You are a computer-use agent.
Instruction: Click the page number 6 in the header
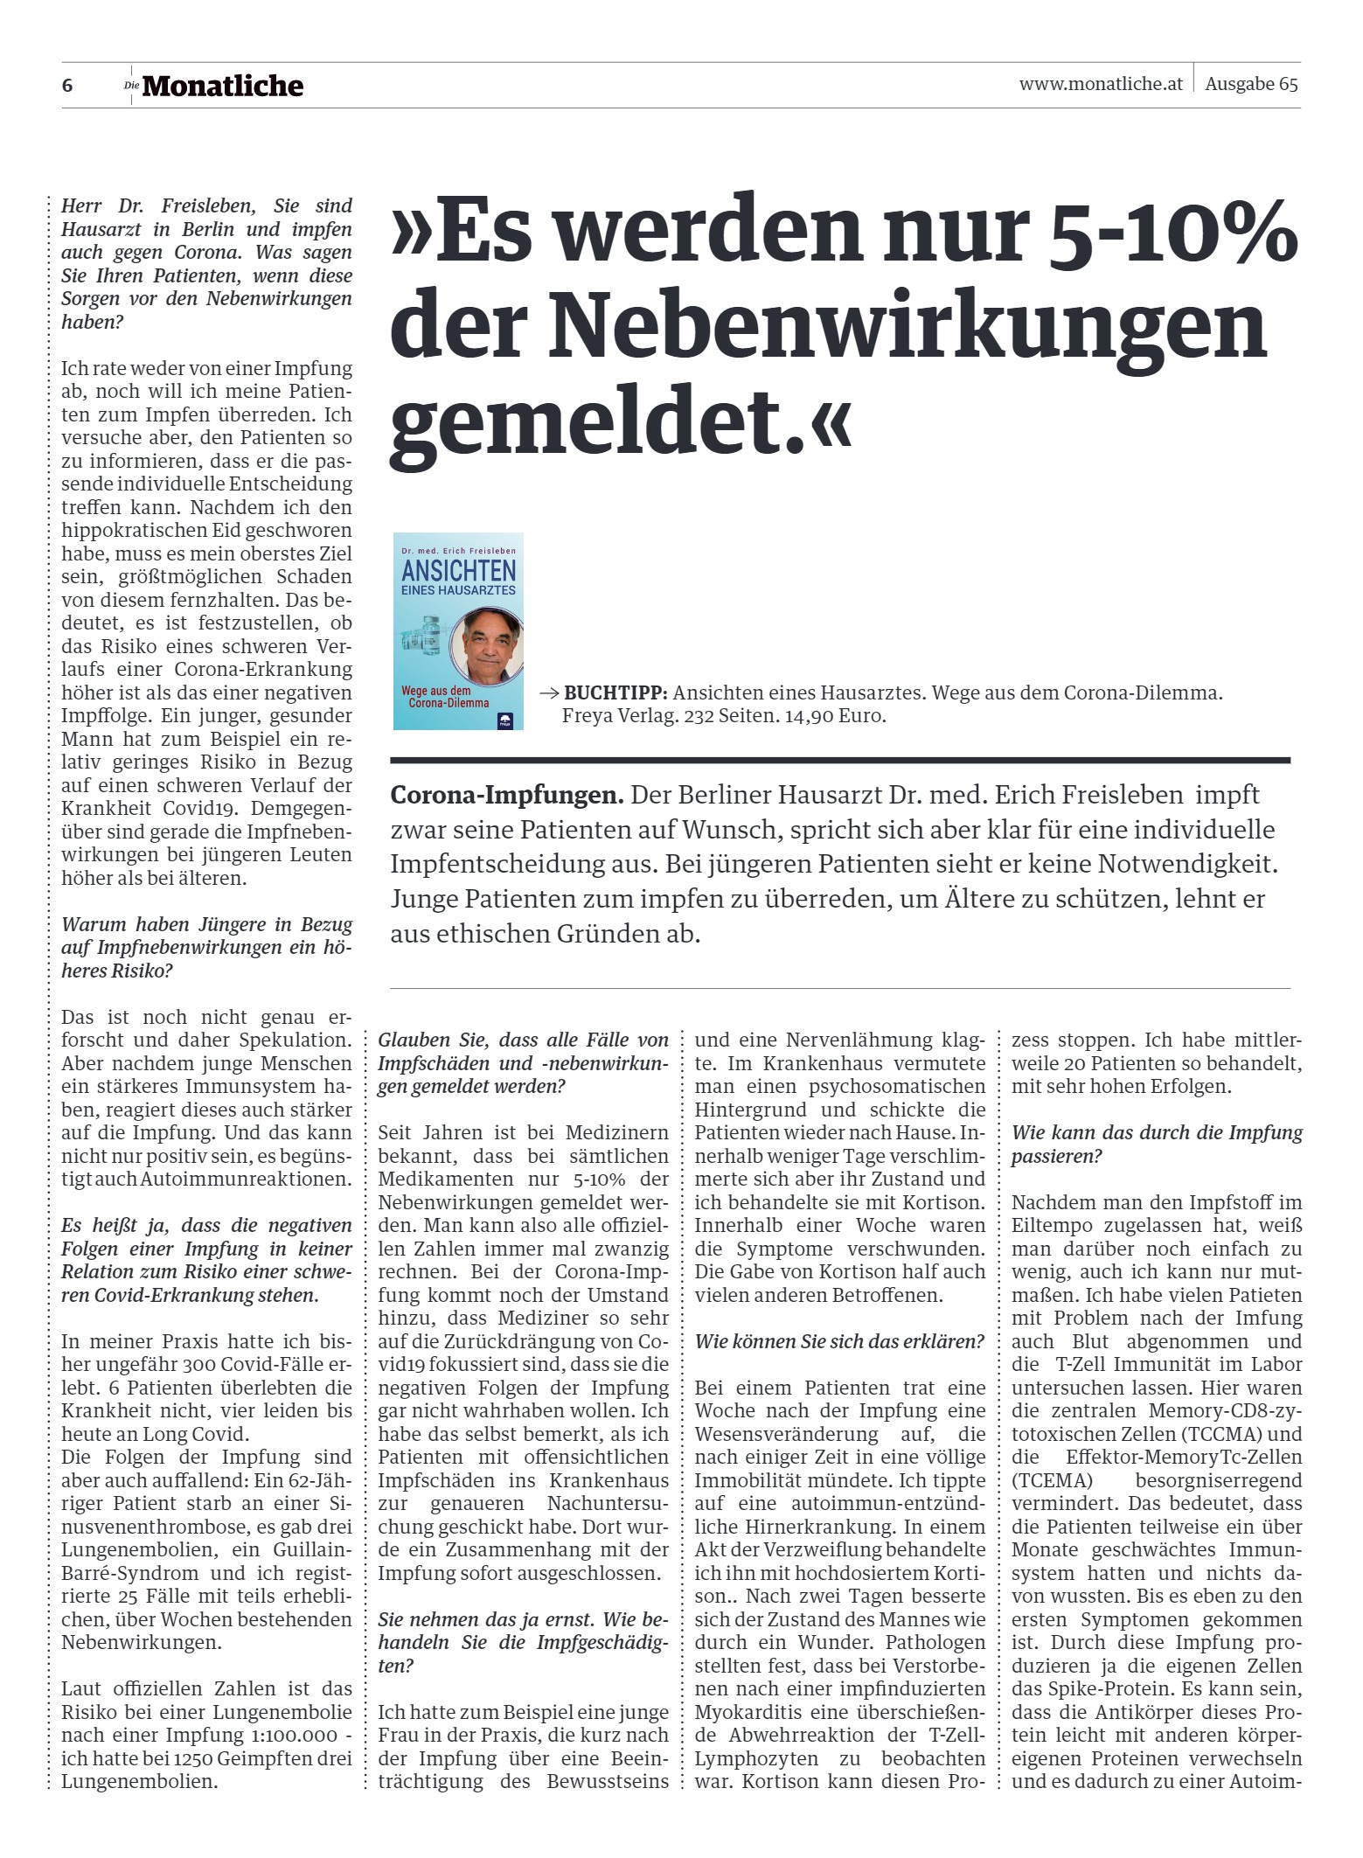tap(67, 86)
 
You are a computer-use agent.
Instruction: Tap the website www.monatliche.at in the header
tap(1100, 84)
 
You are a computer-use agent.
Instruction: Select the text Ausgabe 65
tap(1251, 84)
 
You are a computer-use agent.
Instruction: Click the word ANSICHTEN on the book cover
tap(459, 572)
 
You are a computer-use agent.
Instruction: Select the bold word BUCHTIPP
tap(615, 693)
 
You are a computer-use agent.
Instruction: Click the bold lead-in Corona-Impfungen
tap(506, 796)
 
